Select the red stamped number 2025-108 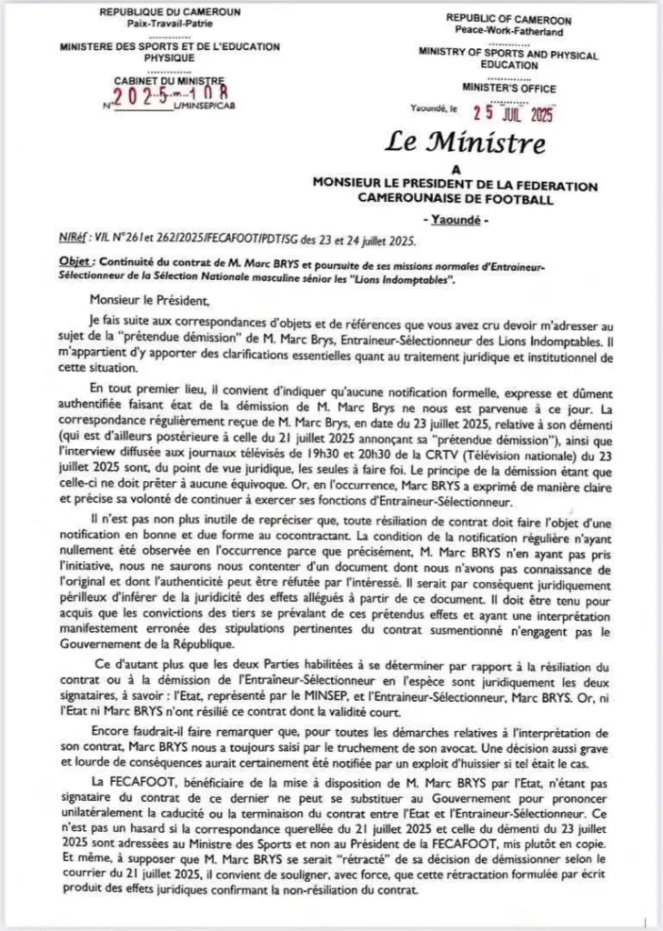click(x=172, y=94)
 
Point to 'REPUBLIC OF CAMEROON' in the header click(x=507, y=19)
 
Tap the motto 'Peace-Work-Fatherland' click(x=507, y=31)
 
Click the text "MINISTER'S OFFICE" click(x=507, y=89)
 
